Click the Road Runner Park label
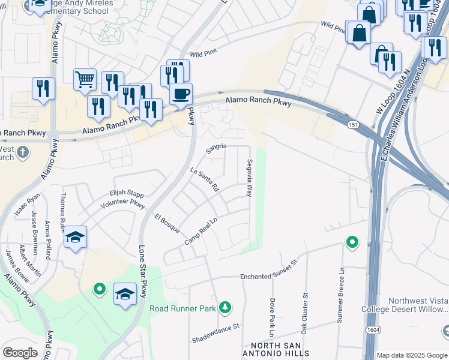click(x=182, y=308)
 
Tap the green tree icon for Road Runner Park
click(x=225, y=308)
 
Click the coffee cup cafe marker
click(x=181, y=94)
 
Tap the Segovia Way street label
click(x=249, y=178)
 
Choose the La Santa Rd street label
click(x=203, y=180)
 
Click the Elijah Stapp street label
click(x=127, y=193)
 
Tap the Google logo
click(x=20, y=353)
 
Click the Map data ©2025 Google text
click(x=412, y=355)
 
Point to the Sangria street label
click(x=216, y=146)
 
